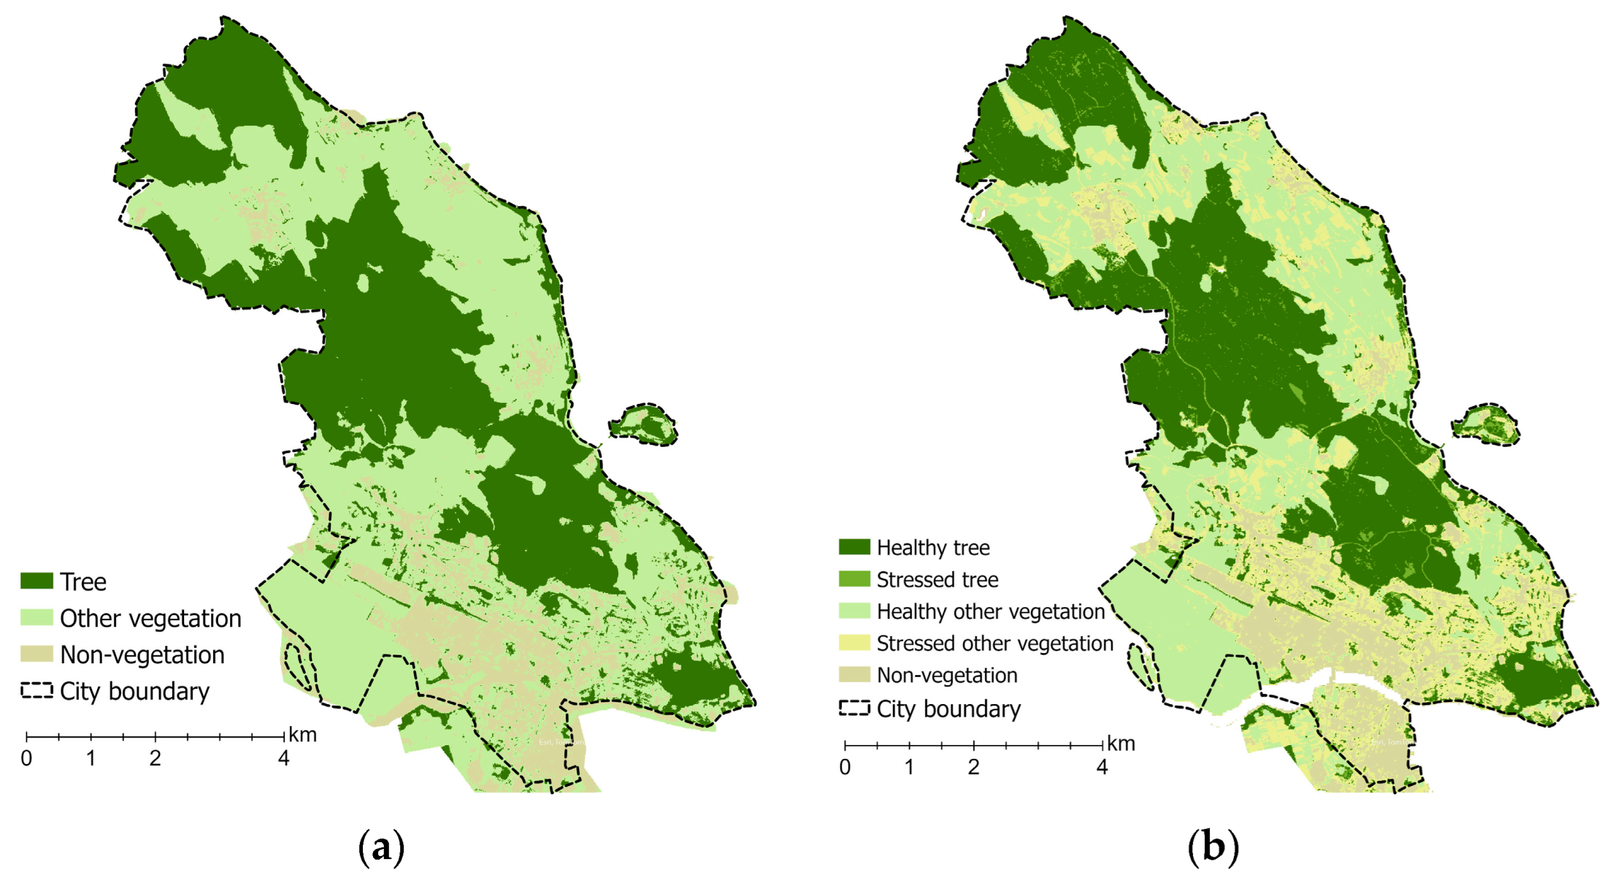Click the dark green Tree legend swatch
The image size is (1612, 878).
point(37,581)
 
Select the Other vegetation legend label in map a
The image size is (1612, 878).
point(150,619)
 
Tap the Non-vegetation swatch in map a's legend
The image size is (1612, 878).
point(37,654)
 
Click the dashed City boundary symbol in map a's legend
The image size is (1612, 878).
point(37,690)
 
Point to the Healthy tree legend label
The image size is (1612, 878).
point(933,548)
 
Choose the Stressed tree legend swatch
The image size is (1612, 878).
point(854,579)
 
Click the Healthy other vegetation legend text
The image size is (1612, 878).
point(991,611)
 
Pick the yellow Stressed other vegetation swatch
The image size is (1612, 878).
point(854,643)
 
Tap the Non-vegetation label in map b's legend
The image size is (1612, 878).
point(947,675)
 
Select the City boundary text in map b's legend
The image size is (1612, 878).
point(948,709)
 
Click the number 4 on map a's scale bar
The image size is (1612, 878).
point(283,759)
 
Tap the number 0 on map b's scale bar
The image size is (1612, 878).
point(845,768)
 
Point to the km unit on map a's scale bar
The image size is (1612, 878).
point(302,735)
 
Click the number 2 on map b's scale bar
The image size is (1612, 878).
point(973,768)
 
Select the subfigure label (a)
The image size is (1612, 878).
point(381,847)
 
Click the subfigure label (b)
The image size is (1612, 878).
point(1213,847)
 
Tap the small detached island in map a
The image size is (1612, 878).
point(643,424)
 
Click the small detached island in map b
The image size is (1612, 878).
point(1485,424)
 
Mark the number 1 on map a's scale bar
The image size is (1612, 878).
point(91,759)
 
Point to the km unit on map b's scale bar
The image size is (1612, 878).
point(1121,744)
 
